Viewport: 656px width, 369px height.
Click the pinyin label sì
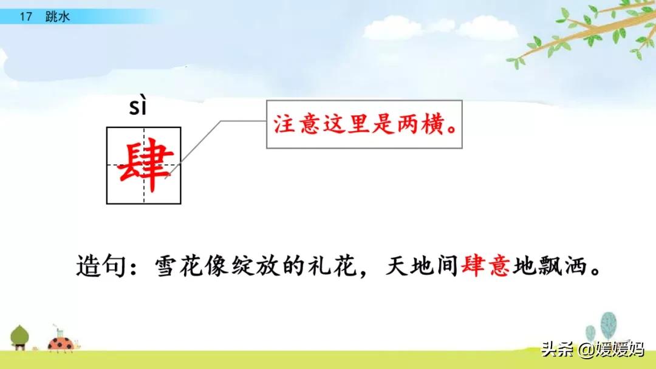pyautogui.click(x=138, y=108)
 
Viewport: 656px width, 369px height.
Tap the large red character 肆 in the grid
pyautogui.click(x=144, y=164)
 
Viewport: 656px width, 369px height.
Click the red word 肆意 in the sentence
pyautogui.click(x=485, y=266)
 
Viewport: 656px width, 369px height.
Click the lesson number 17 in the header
pyautogui.click(x=25, y=17)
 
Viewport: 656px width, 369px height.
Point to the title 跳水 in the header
pyautogui.click(x=58, y=17)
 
